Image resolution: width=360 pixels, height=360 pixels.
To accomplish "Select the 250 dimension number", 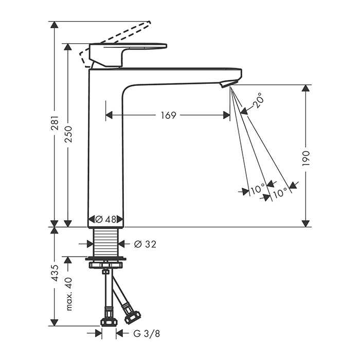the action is pyautogui.click(x=68, y=134).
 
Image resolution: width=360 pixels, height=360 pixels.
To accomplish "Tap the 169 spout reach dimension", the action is pyautogui.click(x=168, y=115).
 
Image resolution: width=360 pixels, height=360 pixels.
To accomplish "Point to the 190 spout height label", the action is pyautogui.click(x=306, y=158).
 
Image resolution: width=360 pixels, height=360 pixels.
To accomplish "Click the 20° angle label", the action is pyautogui.click(x=257, y=100).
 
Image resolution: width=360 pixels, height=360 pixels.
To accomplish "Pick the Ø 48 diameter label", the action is pyautogui.click(x=105, y=219).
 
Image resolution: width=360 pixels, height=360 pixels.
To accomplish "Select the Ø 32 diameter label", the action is pyautogui.click(x=145, y=244).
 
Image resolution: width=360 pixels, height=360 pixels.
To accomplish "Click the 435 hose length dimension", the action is pyautogui.click(x=56, y=273).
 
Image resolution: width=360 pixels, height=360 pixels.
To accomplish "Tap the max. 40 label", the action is pyautogui.click(x=69, y=294).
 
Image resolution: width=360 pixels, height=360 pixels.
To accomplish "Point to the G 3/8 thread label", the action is pyautogui.click(x=146, y=333).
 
